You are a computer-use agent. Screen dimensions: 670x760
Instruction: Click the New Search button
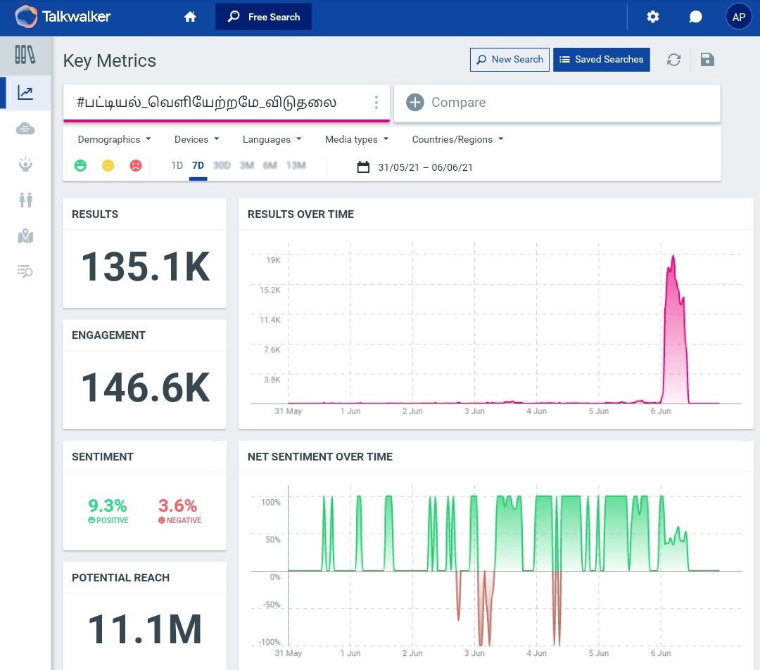pyautogui.click(x=509, y=60)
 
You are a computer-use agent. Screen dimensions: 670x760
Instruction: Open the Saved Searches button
pyautogui.click(x=601, y=60)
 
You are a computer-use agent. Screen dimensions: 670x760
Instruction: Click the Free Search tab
pyautogui.click(x=263, y=17)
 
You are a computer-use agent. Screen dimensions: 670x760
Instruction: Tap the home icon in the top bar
pyautogui.click(x=190, y=17)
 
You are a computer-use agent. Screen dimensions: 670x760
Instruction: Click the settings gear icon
pyautogui.click(x=653, y=17)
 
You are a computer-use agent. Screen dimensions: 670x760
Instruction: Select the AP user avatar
pyautogui.click(x=739, y=18)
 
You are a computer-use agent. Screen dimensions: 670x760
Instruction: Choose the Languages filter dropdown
pyautogui.click(x=272, y=139)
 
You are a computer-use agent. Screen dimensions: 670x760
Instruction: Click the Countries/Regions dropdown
pyautogui.click(x=457, y=139)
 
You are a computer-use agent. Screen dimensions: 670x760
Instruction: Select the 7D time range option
pyautogui.click(x=198, y=166)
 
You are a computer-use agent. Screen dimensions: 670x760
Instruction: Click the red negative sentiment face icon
pyautogui.click(x=136, y=166)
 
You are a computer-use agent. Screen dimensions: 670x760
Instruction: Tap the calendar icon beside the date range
pyautogui.click(x=363, y=167)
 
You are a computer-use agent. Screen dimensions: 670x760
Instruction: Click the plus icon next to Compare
pyautogui.click(x=415, y=103)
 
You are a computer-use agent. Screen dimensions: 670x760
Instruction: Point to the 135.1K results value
pyautogui.click(x=145, y=267)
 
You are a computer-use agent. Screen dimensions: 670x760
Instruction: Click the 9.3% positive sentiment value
pyautogui.click(x=108, y=505)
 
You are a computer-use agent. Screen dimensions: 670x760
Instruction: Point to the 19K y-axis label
pyautogui.click(x=273, y=260)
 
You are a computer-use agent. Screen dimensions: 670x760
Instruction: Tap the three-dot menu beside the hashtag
pyautogui.click(x=376, y=103)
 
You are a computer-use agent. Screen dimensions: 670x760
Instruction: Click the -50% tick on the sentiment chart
pyautogui.click(x=271, y=605)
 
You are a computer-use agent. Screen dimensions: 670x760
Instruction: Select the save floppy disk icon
pyautogui.click(x=708, y=60)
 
